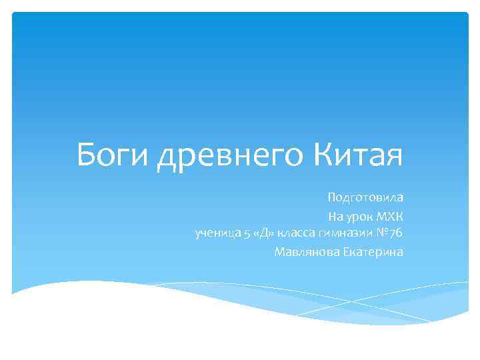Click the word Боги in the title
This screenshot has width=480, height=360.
113,156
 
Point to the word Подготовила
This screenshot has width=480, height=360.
365,198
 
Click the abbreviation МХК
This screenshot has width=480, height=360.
387,216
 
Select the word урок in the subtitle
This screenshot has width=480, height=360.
357,216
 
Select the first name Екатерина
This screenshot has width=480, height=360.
373,252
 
